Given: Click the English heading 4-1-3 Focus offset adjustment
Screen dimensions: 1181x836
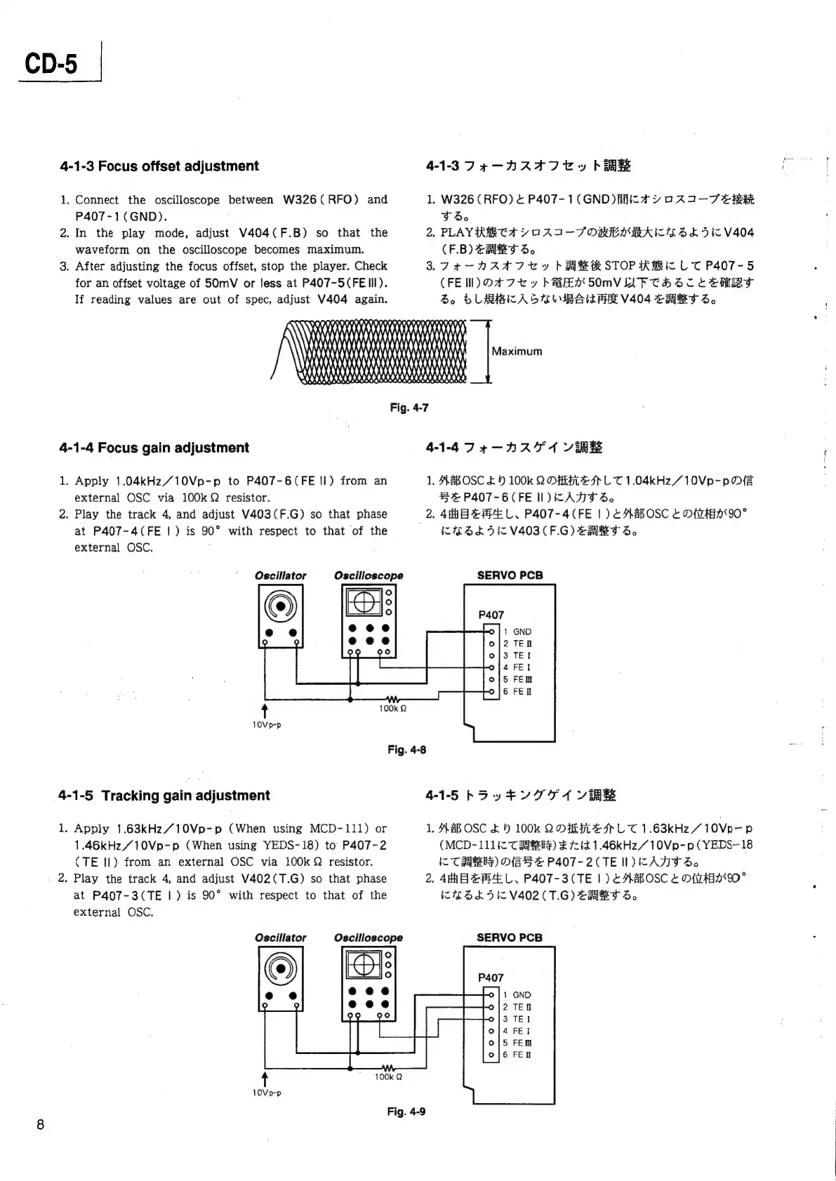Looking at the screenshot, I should pyautogui.click(x=159, y=166).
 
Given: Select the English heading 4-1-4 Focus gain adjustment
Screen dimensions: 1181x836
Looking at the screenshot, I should pyautogui.click(x=154, y=448).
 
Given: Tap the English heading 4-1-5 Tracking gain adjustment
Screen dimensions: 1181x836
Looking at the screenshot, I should pyautogui.click(x=164, y=796).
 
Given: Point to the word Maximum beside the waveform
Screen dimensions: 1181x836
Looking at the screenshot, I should pyautogui.click(x=517, y=352).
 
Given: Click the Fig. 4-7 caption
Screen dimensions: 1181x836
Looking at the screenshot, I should pyautogui.click(x=409, y=408).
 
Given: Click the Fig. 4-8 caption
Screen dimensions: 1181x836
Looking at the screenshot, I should pyautogui.click(x=407, y=749).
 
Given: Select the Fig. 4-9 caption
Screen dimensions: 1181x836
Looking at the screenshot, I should pyautogui.click(x=406, y=1112).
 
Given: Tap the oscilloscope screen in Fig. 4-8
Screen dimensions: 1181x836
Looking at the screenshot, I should pyautogui.click(x=363, y=602).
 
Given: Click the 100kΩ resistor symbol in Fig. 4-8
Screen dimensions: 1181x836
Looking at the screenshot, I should pyautogui.click(x=392, y=700).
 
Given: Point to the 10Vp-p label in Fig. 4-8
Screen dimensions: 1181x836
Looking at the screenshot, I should pyautogui.click(x=267, y=726).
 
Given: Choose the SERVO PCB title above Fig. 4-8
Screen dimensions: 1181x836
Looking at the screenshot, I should pyautogui.click(x=510, y=575).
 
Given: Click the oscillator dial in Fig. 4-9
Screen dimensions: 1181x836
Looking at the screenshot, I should pyautogui.click(x=281, y=969).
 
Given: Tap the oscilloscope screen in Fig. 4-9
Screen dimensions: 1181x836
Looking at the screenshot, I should pyautogui.click(x=363, y=965).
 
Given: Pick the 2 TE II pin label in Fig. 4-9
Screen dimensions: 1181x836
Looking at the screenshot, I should pyautogui.click(x=517, y=1007).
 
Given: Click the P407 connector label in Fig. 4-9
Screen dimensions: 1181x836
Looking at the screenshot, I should pyautogui.click(x=491, y=978).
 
